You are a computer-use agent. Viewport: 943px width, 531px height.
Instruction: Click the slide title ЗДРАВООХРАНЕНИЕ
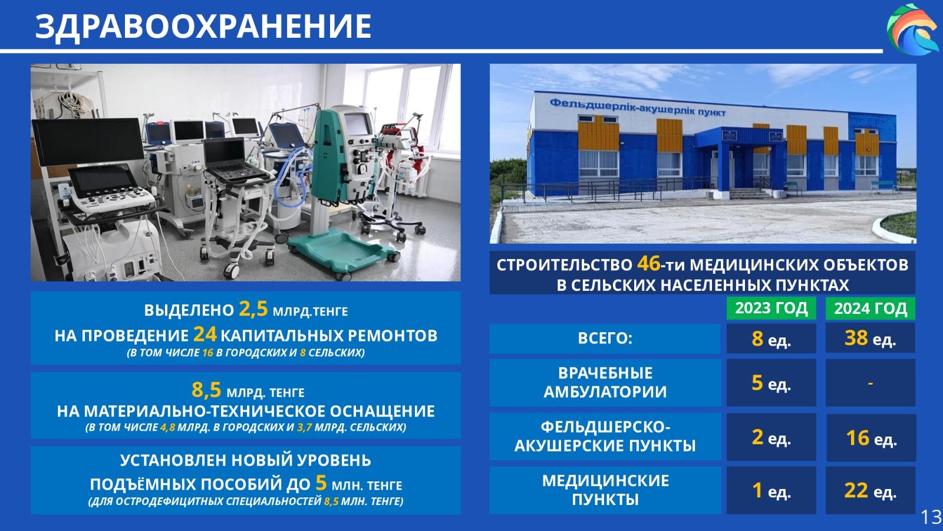203,26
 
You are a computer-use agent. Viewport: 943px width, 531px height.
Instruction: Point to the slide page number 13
931,516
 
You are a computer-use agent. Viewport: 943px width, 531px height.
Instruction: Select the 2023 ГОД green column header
771,308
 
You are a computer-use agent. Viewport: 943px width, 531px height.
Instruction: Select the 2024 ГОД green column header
870,309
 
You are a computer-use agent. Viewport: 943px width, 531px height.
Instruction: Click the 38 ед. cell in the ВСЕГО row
870,338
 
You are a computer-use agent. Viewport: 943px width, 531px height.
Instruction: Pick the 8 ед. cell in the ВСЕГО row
771,339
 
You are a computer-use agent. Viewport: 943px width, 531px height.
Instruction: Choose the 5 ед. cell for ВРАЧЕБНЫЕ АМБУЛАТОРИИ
771,383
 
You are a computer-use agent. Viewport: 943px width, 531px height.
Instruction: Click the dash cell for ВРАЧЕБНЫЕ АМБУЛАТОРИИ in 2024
870,383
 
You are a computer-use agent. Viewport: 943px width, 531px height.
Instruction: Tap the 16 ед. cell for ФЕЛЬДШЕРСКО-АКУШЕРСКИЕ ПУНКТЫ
871,438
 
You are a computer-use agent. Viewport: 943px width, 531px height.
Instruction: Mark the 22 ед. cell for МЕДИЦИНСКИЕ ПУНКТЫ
870,490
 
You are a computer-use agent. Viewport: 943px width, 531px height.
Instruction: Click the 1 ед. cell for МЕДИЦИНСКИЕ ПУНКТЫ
771,490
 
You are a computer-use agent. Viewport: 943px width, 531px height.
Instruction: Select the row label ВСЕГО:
605,339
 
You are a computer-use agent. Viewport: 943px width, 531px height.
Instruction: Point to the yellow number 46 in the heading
649,264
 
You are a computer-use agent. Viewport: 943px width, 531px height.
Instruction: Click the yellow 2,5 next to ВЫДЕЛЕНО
253,309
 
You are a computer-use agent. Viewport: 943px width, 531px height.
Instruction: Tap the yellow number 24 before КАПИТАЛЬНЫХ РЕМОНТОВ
205,335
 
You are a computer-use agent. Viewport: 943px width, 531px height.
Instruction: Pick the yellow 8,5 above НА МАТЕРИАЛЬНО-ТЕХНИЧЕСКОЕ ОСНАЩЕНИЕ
206,390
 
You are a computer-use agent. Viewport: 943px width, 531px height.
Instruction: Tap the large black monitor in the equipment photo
88,142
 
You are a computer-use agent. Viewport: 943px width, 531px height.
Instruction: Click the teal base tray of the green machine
343,251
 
